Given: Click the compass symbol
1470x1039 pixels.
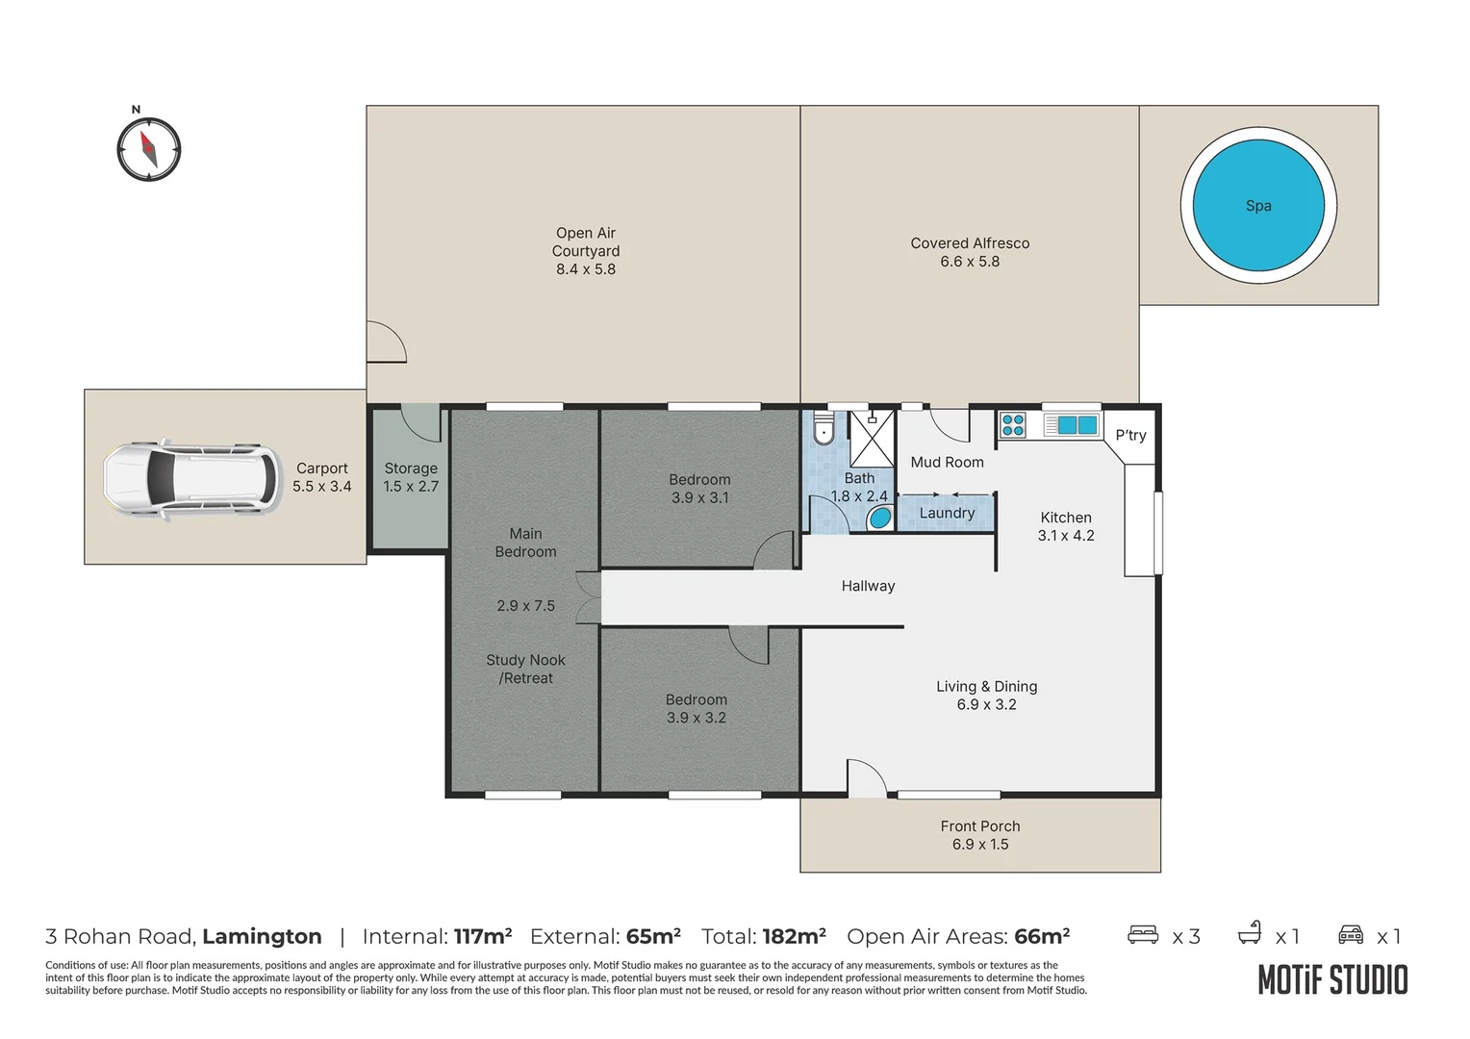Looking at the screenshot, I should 149,149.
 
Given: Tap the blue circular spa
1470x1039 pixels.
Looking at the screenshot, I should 1258,206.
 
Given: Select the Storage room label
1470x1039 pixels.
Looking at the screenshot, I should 411,469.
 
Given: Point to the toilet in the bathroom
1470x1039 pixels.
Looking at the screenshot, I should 824,429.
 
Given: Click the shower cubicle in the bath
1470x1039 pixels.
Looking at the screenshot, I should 872,439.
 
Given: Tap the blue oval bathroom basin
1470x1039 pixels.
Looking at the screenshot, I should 880,519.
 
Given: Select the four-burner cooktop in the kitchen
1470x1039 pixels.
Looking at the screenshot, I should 1013,424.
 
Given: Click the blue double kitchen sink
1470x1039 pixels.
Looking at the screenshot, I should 1077,424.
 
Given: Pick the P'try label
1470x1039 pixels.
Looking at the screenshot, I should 1130,436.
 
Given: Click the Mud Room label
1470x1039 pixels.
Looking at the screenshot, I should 947,463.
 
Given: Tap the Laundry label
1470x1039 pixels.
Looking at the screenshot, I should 947,514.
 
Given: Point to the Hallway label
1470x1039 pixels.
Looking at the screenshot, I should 868,586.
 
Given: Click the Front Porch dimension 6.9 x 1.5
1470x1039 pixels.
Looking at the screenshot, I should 980,845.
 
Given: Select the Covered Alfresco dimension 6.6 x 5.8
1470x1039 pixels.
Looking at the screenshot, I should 970,262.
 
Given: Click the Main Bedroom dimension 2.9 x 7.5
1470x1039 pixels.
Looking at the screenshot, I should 525,606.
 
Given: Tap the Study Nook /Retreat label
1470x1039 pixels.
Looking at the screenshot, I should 525,670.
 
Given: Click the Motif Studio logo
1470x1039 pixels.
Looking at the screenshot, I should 1332,980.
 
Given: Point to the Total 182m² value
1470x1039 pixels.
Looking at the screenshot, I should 794,937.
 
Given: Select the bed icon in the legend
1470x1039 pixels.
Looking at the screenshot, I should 1143,935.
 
